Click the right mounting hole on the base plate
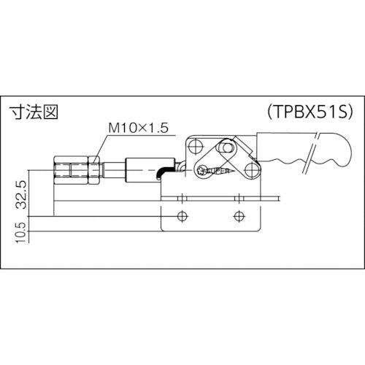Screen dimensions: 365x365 pos(238,215)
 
